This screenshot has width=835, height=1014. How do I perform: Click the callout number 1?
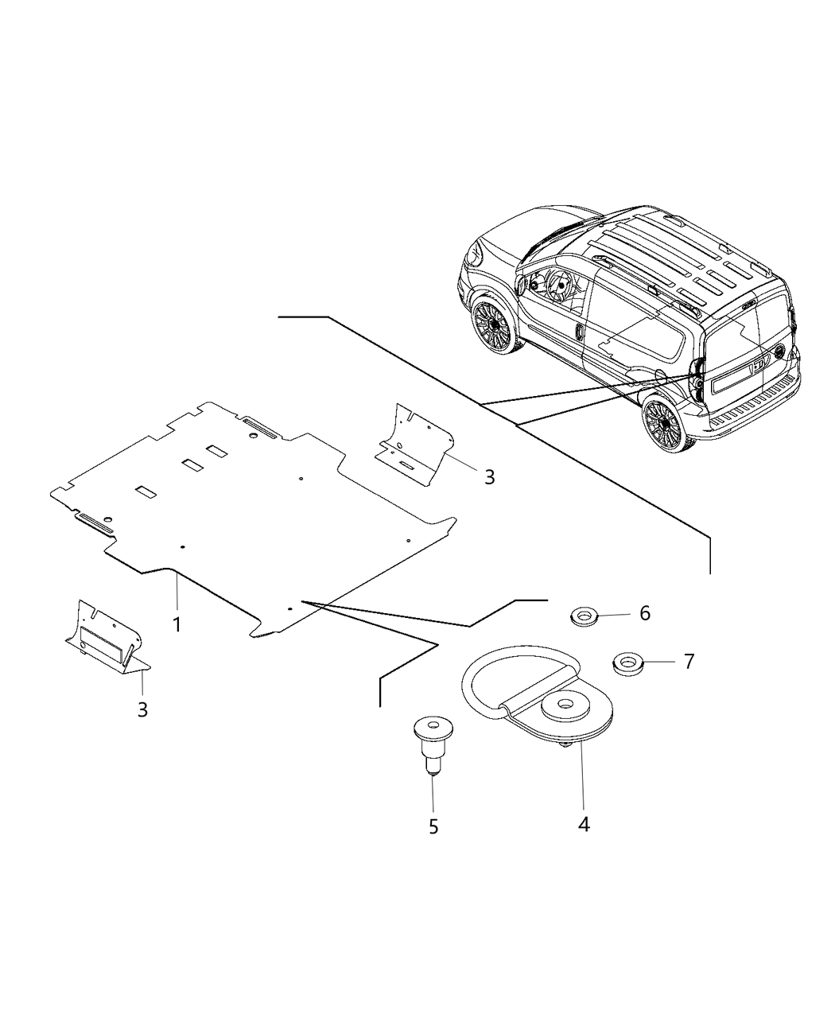[x=177, y=624]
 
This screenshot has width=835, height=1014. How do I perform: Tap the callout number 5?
[x=433, y=827]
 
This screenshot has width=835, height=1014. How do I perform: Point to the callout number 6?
[x=645, y=612]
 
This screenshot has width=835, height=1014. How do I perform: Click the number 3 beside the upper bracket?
[x=489, y=476]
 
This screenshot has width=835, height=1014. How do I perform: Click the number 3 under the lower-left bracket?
[x=142, y=709]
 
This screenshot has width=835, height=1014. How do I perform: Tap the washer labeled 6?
[x=584, y=616]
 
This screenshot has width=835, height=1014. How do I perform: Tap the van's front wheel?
[x=491, y=325]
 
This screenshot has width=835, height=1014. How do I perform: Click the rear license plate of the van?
[x=735, y=379]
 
